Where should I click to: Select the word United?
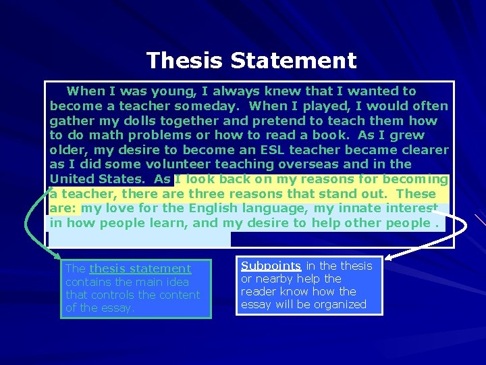pos(72,179)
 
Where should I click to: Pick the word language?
pos(278,208)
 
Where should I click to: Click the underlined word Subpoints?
pos(271,266)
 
